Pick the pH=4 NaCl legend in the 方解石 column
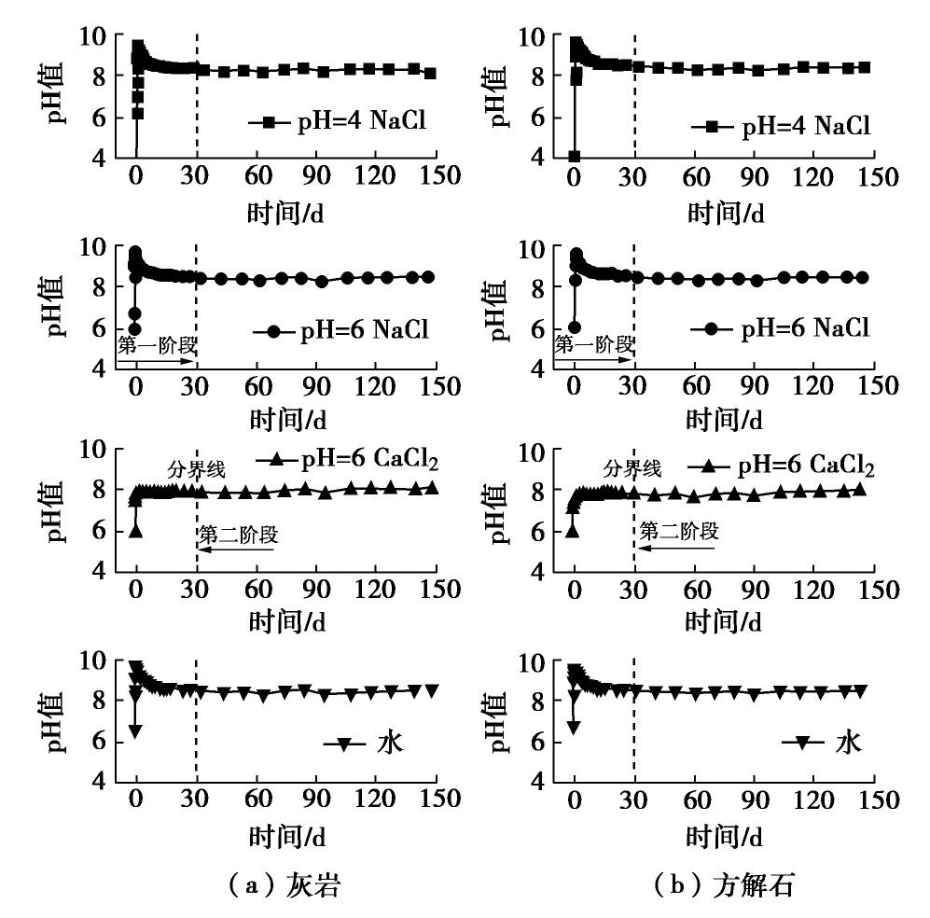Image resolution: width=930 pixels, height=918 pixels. click(x=781, y=126)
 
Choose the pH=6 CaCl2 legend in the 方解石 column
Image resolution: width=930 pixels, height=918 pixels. click(x=781, y=466)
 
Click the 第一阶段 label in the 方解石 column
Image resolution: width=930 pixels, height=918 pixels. click(x=594, y=344)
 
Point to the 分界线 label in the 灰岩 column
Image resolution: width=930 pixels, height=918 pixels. click(x=196, y=468)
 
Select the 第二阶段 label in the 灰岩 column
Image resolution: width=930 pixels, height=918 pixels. click(x=238, y=535)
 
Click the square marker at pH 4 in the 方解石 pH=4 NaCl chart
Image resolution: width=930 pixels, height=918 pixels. click(x=575, y=156)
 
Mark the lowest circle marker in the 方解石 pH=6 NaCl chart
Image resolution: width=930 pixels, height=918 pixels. click(x=575, y=327)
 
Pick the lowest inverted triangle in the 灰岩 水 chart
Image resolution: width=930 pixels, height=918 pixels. click(x=136, y=731)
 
